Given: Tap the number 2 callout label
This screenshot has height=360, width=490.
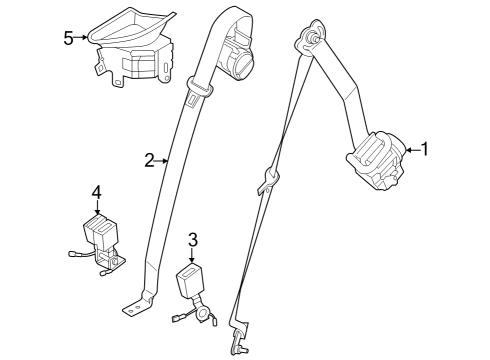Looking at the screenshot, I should coord(149,159).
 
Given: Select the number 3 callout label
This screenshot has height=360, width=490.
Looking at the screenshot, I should coord(194,239).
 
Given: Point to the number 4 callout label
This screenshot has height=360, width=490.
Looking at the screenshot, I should coord(96,191).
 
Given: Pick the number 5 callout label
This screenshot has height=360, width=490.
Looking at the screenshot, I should coord(68,38).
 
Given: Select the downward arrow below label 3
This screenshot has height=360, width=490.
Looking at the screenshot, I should coord(194,255).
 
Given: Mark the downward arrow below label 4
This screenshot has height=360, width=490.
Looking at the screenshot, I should coord(96,207).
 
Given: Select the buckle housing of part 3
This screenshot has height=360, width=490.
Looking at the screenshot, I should coord(191,279).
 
